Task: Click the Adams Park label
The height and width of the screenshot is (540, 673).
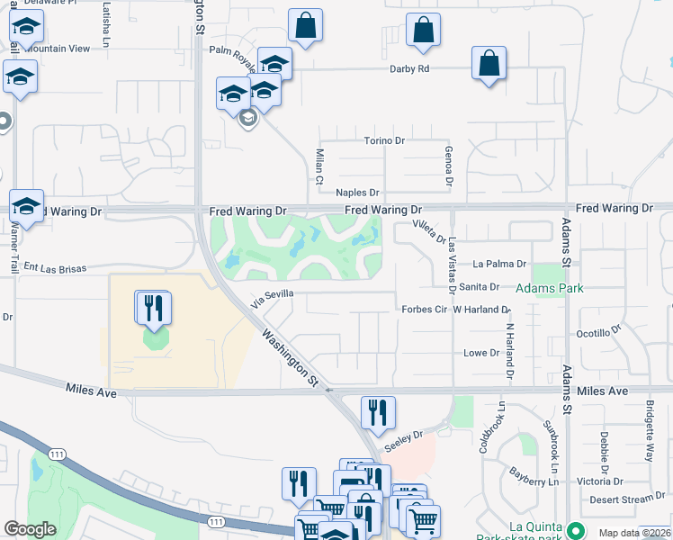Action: click(549, 288)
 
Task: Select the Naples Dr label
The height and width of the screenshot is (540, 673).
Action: click(358, 193)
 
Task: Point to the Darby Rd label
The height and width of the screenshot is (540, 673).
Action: click(409, 68)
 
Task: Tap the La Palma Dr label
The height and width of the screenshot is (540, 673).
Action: click(498, 264)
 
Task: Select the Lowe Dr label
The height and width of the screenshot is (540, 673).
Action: click(480, 353)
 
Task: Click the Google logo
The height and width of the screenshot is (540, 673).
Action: click(30, 529)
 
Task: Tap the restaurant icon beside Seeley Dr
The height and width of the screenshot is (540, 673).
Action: click(378, 412)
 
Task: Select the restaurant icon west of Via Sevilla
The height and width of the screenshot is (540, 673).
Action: click(153, 308)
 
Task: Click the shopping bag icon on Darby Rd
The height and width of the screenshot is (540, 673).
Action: click(488, 64)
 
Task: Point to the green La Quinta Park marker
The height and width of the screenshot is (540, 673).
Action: click(576, 526)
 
